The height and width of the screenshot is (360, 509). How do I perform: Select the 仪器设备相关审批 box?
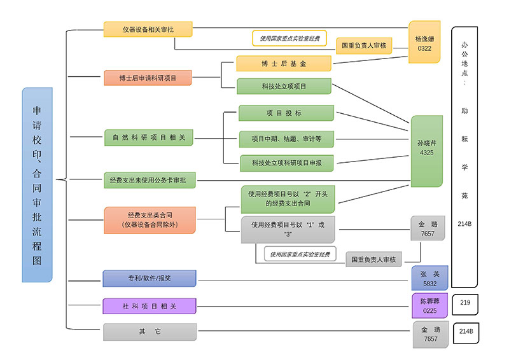tap(148, 29)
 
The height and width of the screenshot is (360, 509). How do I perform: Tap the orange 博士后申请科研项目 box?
tap(148, 78)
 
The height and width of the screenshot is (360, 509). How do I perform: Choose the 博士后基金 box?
tap(284, 64)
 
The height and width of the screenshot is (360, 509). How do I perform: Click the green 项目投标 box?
tap(286, 113)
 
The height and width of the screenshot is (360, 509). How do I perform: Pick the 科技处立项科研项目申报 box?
tap(287, 163)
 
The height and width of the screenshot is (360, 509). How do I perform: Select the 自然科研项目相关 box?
tap(149, 137)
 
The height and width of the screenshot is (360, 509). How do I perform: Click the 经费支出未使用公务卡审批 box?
tap(149, 181)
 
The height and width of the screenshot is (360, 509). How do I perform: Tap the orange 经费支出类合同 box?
tap(149, 220)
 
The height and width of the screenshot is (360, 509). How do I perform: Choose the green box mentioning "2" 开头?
tap(288, 199)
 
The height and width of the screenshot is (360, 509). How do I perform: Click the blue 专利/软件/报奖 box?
tap(149, 278)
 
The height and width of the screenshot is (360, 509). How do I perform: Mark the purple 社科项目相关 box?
tap(149, 306)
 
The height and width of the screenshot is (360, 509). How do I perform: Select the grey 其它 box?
tap(149, 332)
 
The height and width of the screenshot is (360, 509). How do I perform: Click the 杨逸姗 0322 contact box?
tap(424, 42)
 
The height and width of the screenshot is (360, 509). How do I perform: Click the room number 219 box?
tap(465, 303)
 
